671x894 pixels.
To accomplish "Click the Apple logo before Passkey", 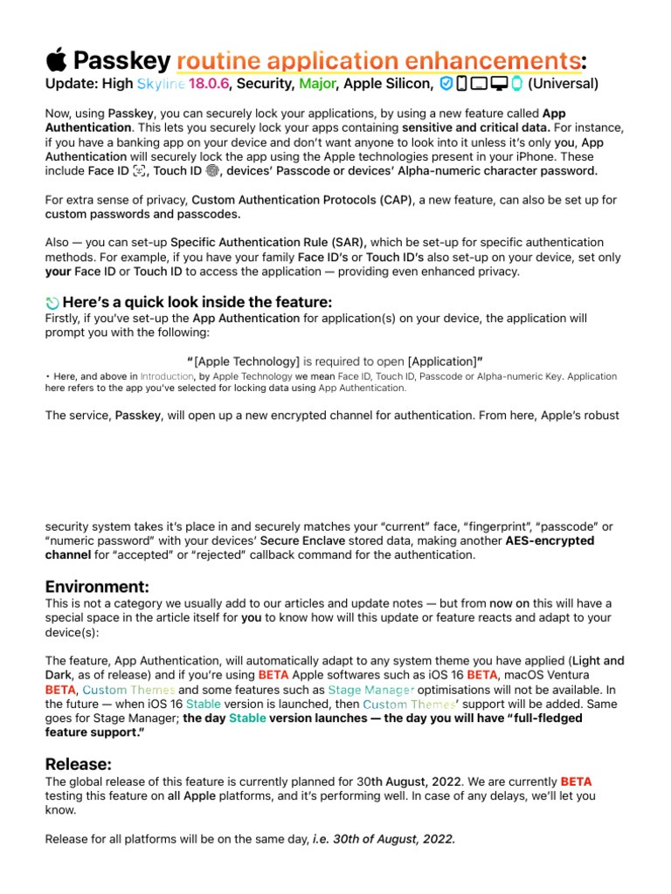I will point(56,60).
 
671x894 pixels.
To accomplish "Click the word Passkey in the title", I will point(121,61).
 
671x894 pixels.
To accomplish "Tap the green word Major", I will point(318,85).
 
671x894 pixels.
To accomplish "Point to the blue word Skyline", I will point(161,85).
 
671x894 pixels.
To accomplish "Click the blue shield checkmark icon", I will point(446,84).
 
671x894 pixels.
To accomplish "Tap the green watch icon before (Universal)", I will point(516,84).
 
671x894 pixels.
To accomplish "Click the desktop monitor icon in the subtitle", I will point(500,84).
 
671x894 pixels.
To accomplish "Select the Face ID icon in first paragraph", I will point(140,171).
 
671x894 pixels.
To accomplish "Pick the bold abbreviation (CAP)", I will point(392,200).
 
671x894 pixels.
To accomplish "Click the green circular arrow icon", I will point(52,302).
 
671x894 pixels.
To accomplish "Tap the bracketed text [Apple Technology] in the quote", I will point(247,361).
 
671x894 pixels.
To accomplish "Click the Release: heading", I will point(78,764).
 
